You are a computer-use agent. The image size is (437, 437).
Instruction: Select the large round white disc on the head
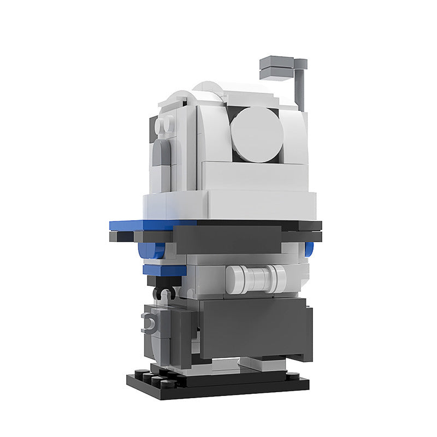(257, 134)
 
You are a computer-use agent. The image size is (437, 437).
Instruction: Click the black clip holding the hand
(164, 293)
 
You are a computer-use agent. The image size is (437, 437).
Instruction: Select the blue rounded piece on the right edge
(310, 249)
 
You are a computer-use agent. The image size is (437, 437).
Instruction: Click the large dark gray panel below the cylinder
(255, 328)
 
